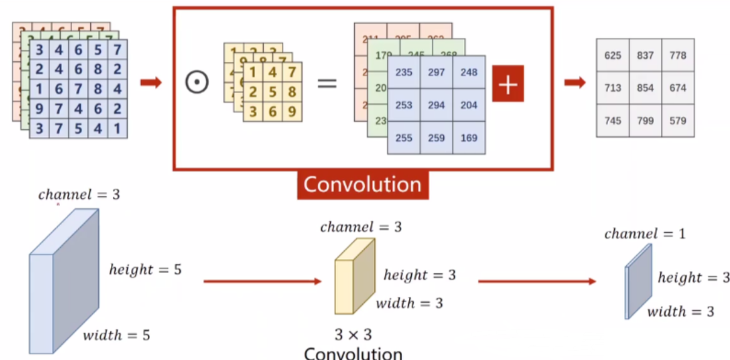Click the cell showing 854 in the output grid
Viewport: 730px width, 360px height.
pyautogui.click(x=645, y=88)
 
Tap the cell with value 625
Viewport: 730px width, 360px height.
pyautogui.click(x=613, y=55)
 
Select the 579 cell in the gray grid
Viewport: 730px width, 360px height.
pyautogui.click(x=677, y=121)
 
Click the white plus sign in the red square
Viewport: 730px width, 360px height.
pyautogui.click(x=508, y=83)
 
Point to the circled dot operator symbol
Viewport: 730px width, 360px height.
pyautogui.click(x=197, y=82)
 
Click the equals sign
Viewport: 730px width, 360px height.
pyautogui.click(x=327, y=82)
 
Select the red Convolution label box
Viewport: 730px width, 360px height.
pyautogui.click(x=363, y=185)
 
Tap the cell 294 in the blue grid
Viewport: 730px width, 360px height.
pyautogui.click(x=436, y=105)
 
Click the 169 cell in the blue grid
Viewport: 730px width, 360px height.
pyautogui.click(x=469, y=138)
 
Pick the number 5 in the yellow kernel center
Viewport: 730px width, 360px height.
pyautogui.click(x=273, y=92)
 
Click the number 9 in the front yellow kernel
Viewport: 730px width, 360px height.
pyautogui.click(x=292, y=111)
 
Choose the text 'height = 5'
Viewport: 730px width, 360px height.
pyautogui.click(x=145, y=269)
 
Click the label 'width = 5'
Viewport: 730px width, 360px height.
pyautogui.click(x=116, y=335)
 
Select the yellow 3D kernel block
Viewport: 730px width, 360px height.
pyautogui.click(x=355, y=276)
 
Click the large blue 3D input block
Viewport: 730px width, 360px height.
pyautogui.click(x=64, y=283)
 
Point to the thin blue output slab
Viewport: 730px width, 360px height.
pyautogui.click(x=638, y=281)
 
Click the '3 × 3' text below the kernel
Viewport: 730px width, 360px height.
pyautogui.click(x=353, y=335)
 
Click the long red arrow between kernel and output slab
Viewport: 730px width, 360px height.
pyautogui.click(x=536, y=281)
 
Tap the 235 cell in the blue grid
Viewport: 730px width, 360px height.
pyautogui.click(x=404, y=72)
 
